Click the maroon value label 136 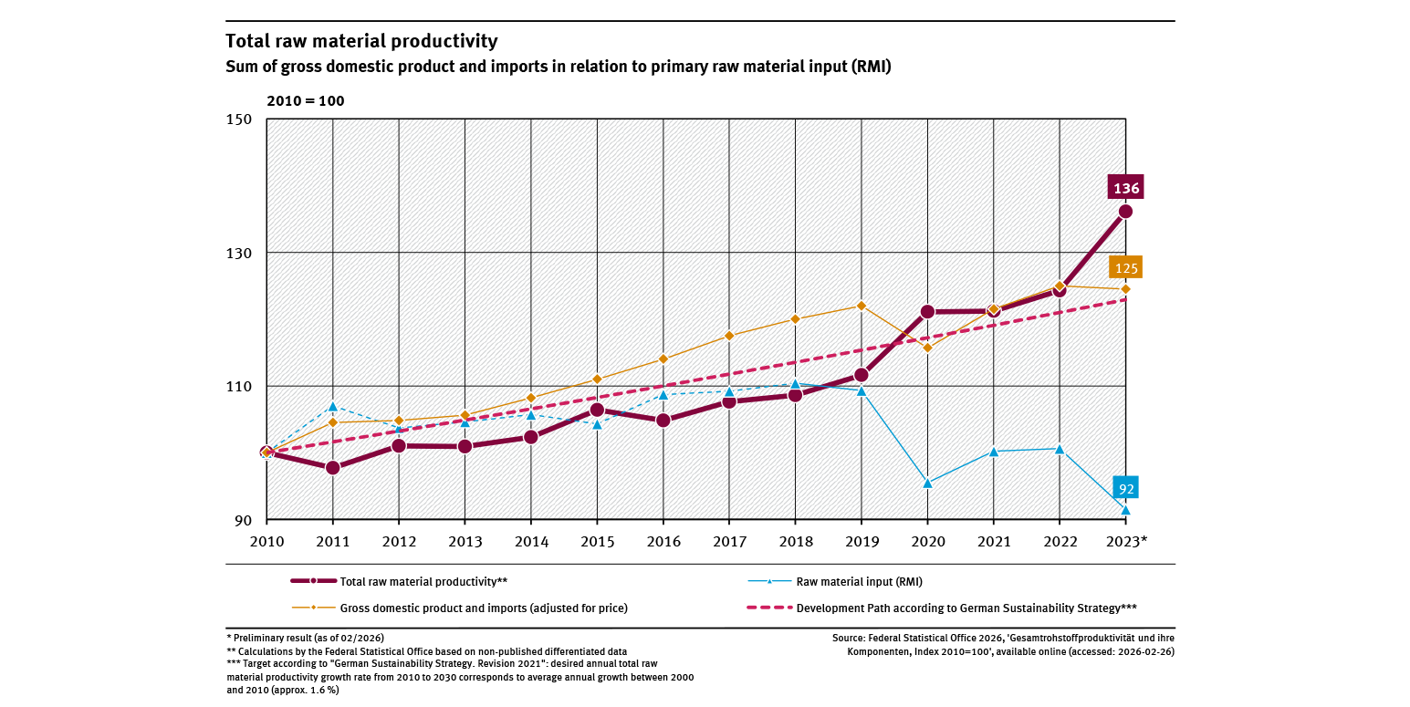[x=1125, y=188]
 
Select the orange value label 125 [x=1125, y=268]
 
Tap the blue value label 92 [x=1126, y=489]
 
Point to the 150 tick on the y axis [x=239, y=120]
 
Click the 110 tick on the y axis [x=239, y=387]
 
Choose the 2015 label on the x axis [x=597, y=541]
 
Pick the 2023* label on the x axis [x=1128, y=541]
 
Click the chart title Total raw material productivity [x=361, y=41]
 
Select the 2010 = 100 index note [x=305, y=100]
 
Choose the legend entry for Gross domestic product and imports [x=484, y=608]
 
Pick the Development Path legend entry [x=966, y=608]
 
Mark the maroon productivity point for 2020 [x=927, y=311]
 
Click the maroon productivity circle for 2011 [x=333, y=468]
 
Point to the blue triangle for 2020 [x=927, y=483]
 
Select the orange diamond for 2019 [x=861, y=306]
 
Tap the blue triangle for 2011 [x=333, y=406]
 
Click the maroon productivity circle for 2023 [x=1125, y=212]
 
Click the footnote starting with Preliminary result [x=311, y=637]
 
